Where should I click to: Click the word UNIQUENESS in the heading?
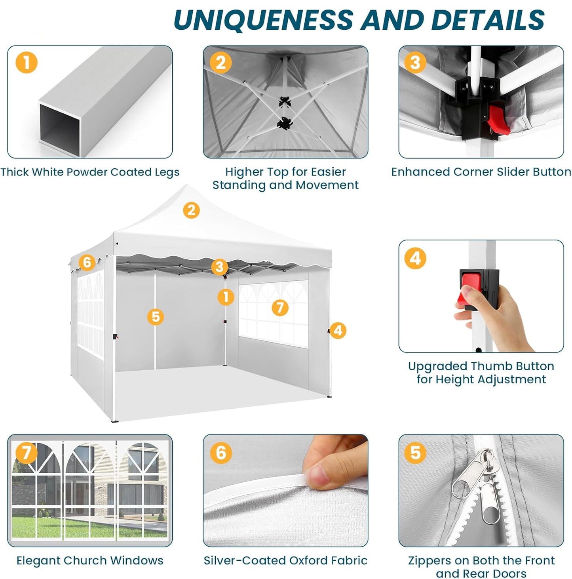[x=263, y=19]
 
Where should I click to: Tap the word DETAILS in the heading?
[x=489, y=19]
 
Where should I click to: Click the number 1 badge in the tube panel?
[x=27, y=63]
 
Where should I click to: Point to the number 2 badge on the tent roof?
[x=191, y=210]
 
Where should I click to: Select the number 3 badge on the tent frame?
[x=219, y=267]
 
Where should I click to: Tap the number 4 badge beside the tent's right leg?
[x=338, y=331]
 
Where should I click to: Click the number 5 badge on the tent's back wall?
[x=156, y=316]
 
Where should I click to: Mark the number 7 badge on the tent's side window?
[x=280, y=307]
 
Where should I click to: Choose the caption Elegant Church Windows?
[x=90, y=560]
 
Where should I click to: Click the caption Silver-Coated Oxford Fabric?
[x=285, y=560]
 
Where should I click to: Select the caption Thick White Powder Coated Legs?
[x=90, y=172]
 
